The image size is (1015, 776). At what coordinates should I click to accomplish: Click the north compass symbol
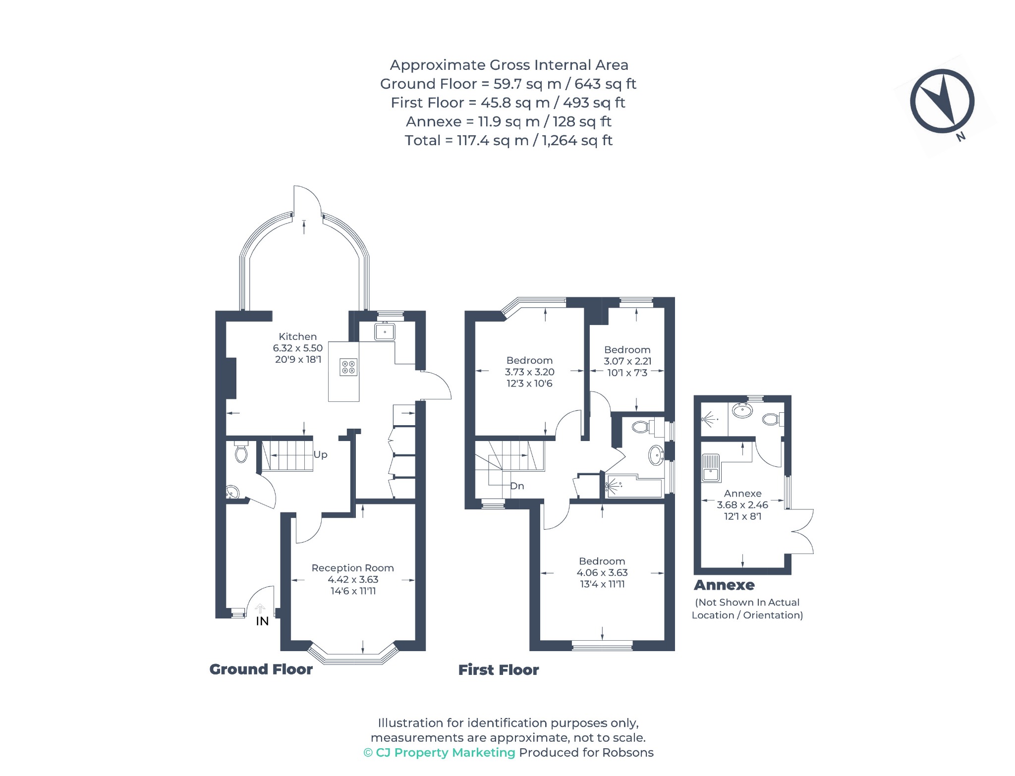pos(942,101)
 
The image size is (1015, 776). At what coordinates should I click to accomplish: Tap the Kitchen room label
pos(297,336)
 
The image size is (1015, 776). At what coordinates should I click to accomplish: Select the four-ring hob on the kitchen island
pos(348,367)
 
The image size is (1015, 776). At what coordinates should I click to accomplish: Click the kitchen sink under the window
pos(385,332)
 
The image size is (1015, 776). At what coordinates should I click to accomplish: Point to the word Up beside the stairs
pos(320,454)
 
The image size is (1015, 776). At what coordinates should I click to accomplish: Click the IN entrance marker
pos(262,621)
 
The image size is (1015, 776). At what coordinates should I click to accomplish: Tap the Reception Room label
pos(352,568)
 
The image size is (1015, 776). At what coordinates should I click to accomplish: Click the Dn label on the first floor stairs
pos(517,486)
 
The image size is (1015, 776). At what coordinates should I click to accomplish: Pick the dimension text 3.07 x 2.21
pos(627,361)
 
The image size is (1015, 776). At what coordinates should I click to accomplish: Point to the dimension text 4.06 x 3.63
pos(602,572)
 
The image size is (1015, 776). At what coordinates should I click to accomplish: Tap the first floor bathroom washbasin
pos(657,455)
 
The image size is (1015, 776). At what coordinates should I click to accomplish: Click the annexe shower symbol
pos(710,419)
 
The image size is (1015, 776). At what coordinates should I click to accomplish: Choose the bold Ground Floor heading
pos(261,669)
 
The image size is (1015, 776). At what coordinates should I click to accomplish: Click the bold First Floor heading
pos(498,670)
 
